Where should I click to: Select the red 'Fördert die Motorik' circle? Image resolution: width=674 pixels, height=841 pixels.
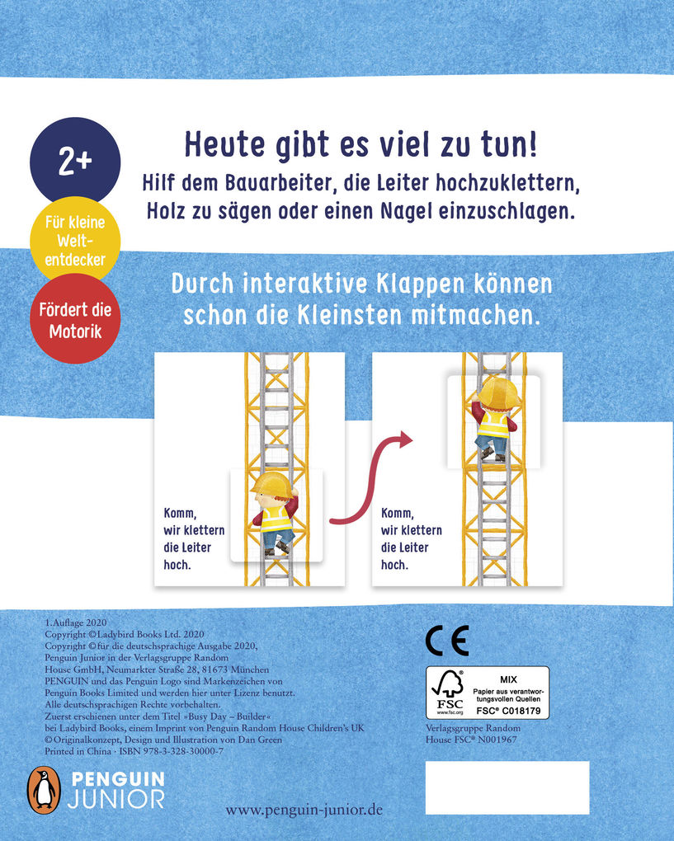coord(75,321)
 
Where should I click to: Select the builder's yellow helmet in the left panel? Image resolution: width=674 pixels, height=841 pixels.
coord(273,485)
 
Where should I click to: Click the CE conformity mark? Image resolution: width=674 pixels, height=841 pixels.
coord(446,640)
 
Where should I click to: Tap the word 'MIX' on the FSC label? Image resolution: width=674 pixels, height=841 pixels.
coord(508,674)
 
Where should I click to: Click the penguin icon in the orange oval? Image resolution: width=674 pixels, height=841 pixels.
coord(45,787)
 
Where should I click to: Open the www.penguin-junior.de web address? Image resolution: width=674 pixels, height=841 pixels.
coord(304,810)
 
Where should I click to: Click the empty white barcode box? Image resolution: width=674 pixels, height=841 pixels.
coord(507,787)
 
